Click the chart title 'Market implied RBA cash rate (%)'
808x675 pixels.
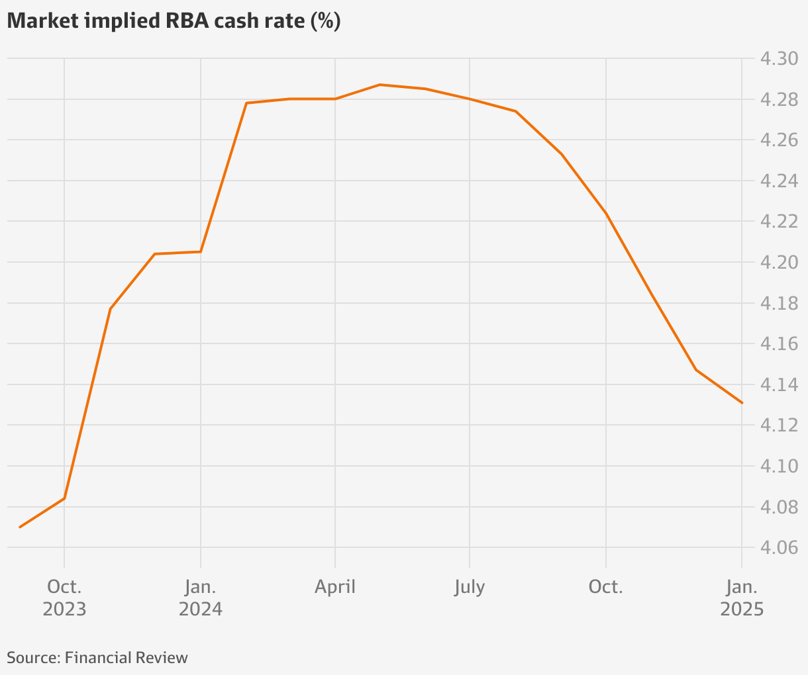(x=174, y=21)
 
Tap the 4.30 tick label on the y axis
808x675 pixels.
(x=779, y=59)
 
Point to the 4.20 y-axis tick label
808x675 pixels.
(x=779, y=262)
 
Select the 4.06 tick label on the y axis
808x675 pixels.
(x=779, y=548)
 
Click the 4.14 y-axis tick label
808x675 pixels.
(x=779, y=384)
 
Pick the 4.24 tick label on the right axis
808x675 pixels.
(x=779, y=181)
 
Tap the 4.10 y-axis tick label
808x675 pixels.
(x=779, y=466)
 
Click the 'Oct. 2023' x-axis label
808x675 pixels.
(x=64, y=598)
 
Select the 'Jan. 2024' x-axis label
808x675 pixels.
(x=201, y=598)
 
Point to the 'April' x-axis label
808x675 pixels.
(x=335, y=587)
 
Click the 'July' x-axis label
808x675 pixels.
(x=470, y=587)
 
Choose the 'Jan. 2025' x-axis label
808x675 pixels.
(x=742, y=598)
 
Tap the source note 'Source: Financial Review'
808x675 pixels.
(x=97, y=657)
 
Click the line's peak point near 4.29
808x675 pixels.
(x=380, y=85)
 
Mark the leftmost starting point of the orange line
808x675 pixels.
(x=20, y=527)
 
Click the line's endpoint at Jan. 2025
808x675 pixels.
(x=742, y=402)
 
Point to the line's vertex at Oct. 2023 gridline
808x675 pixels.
(x=64, y=498)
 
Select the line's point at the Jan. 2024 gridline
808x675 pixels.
(x=201, y=251)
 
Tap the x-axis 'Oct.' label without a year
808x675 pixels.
(x=605, y=587)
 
